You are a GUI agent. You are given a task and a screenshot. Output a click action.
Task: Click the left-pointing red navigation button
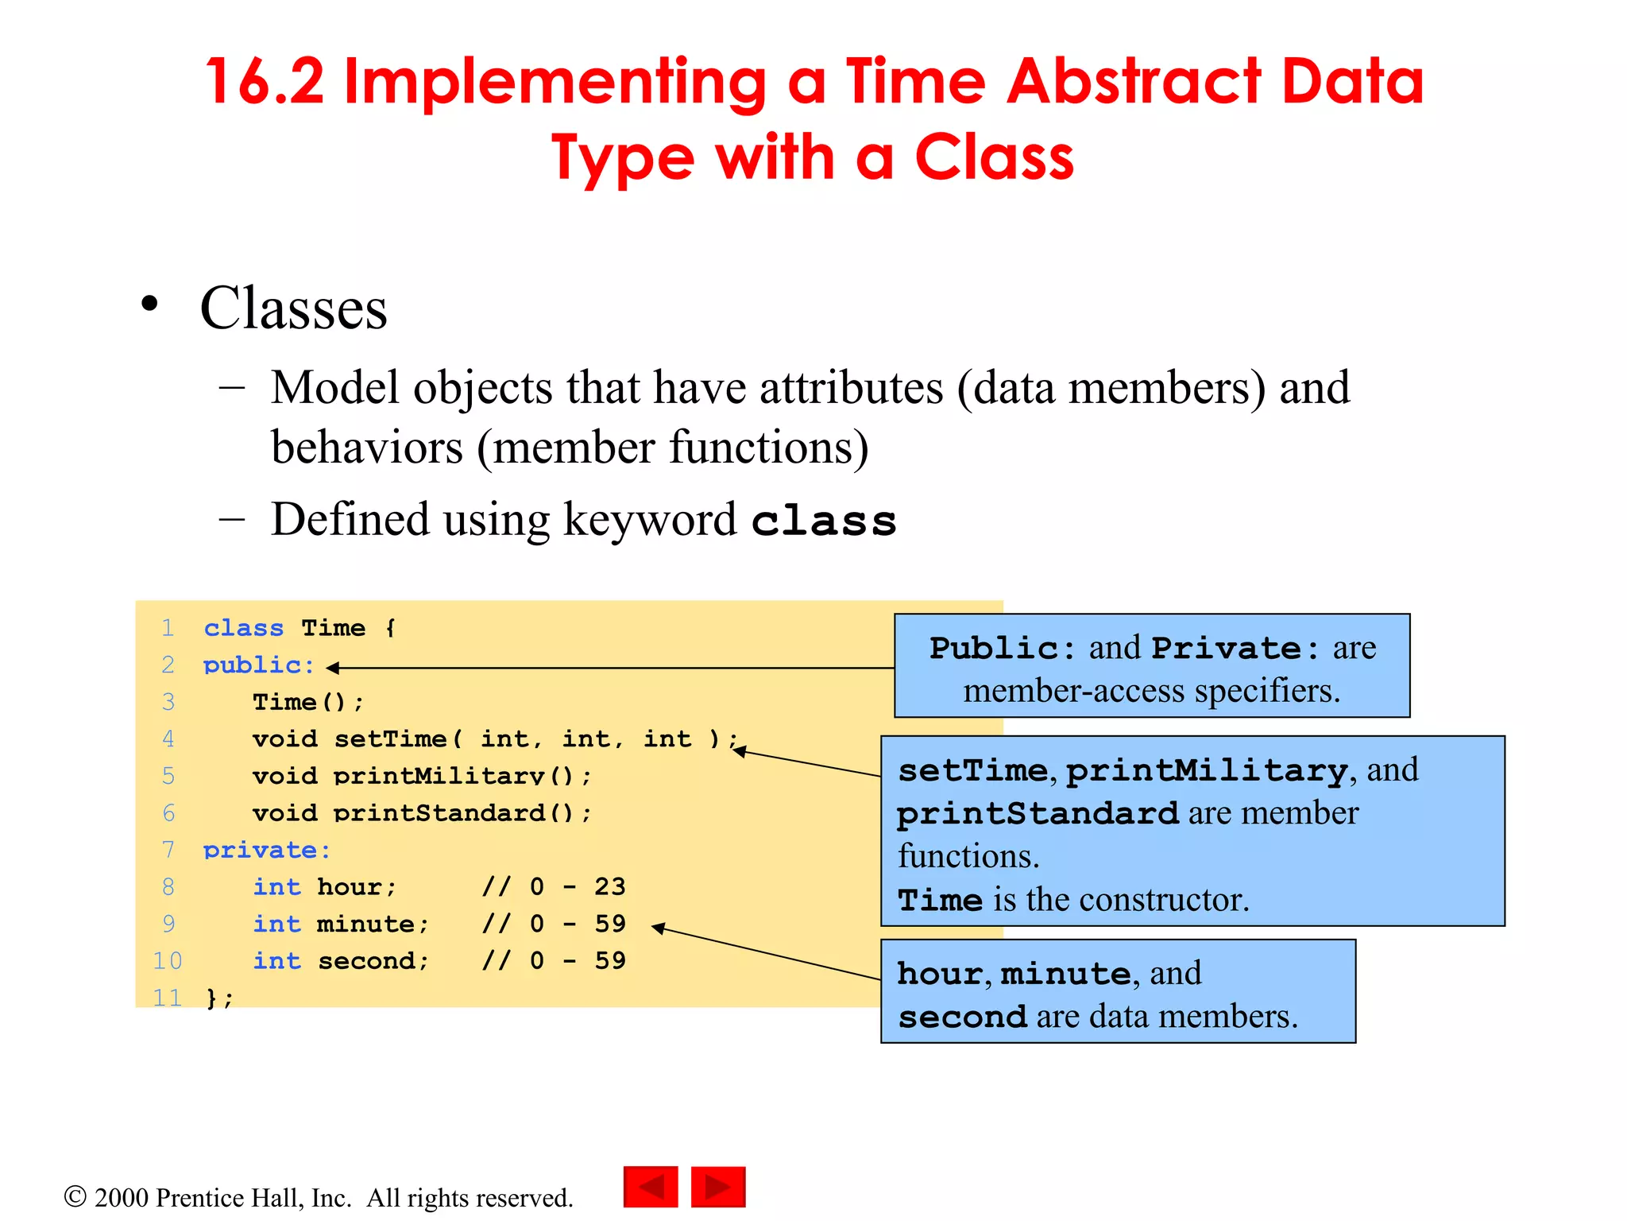(651, 1187)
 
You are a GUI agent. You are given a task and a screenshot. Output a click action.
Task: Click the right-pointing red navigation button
(718, 1187)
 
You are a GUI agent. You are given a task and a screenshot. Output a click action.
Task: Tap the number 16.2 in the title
(265, 82)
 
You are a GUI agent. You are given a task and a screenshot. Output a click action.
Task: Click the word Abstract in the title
(1134, 82)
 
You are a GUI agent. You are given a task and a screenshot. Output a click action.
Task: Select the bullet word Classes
(293, 308)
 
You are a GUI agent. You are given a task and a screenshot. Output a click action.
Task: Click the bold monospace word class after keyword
(823, 521)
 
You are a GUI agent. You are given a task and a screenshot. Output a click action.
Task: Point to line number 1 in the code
(168, 628)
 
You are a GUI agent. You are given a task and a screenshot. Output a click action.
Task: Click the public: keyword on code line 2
(258, 665)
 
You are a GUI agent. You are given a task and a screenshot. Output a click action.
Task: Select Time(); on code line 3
(307, 702)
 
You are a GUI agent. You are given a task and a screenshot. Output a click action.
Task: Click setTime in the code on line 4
(389, 739)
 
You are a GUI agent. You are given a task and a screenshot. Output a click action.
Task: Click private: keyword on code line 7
(266, 850)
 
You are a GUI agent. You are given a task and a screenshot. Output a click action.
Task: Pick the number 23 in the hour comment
(609, 886)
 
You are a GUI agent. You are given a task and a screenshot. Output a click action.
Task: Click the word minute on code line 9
(365, 924)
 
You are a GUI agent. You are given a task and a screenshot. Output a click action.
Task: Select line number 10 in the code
(168, 961)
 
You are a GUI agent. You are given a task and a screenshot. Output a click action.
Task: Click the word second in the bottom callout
(962, 1017)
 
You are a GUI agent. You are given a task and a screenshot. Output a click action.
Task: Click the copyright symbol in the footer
(75, 1196)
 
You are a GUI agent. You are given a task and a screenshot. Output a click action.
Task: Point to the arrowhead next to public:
(333, 668)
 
